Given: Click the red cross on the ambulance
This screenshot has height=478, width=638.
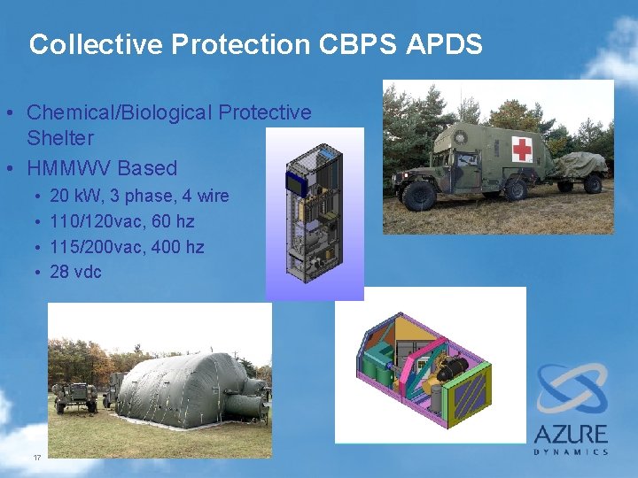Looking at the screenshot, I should pos(523,149).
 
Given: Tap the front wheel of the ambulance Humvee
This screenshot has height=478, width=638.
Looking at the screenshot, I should pos(419,195).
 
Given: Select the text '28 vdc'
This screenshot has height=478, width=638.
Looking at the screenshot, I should pos(75,272).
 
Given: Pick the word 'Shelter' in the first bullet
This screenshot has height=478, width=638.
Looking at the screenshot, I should pos(59,138).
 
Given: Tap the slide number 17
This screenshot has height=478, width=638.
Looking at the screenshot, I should pos(37,457).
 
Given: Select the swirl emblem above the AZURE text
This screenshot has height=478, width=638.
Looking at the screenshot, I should pos(572,389).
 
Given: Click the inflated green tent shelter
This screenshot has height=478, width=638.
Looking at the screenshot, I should pos(177,385).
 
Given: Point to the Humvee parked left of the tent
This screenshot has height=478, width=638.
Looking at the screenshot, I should pos(75,395).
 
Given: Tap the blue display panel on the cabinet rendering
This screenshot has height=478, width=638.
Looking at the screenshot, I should pos(294,183).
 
